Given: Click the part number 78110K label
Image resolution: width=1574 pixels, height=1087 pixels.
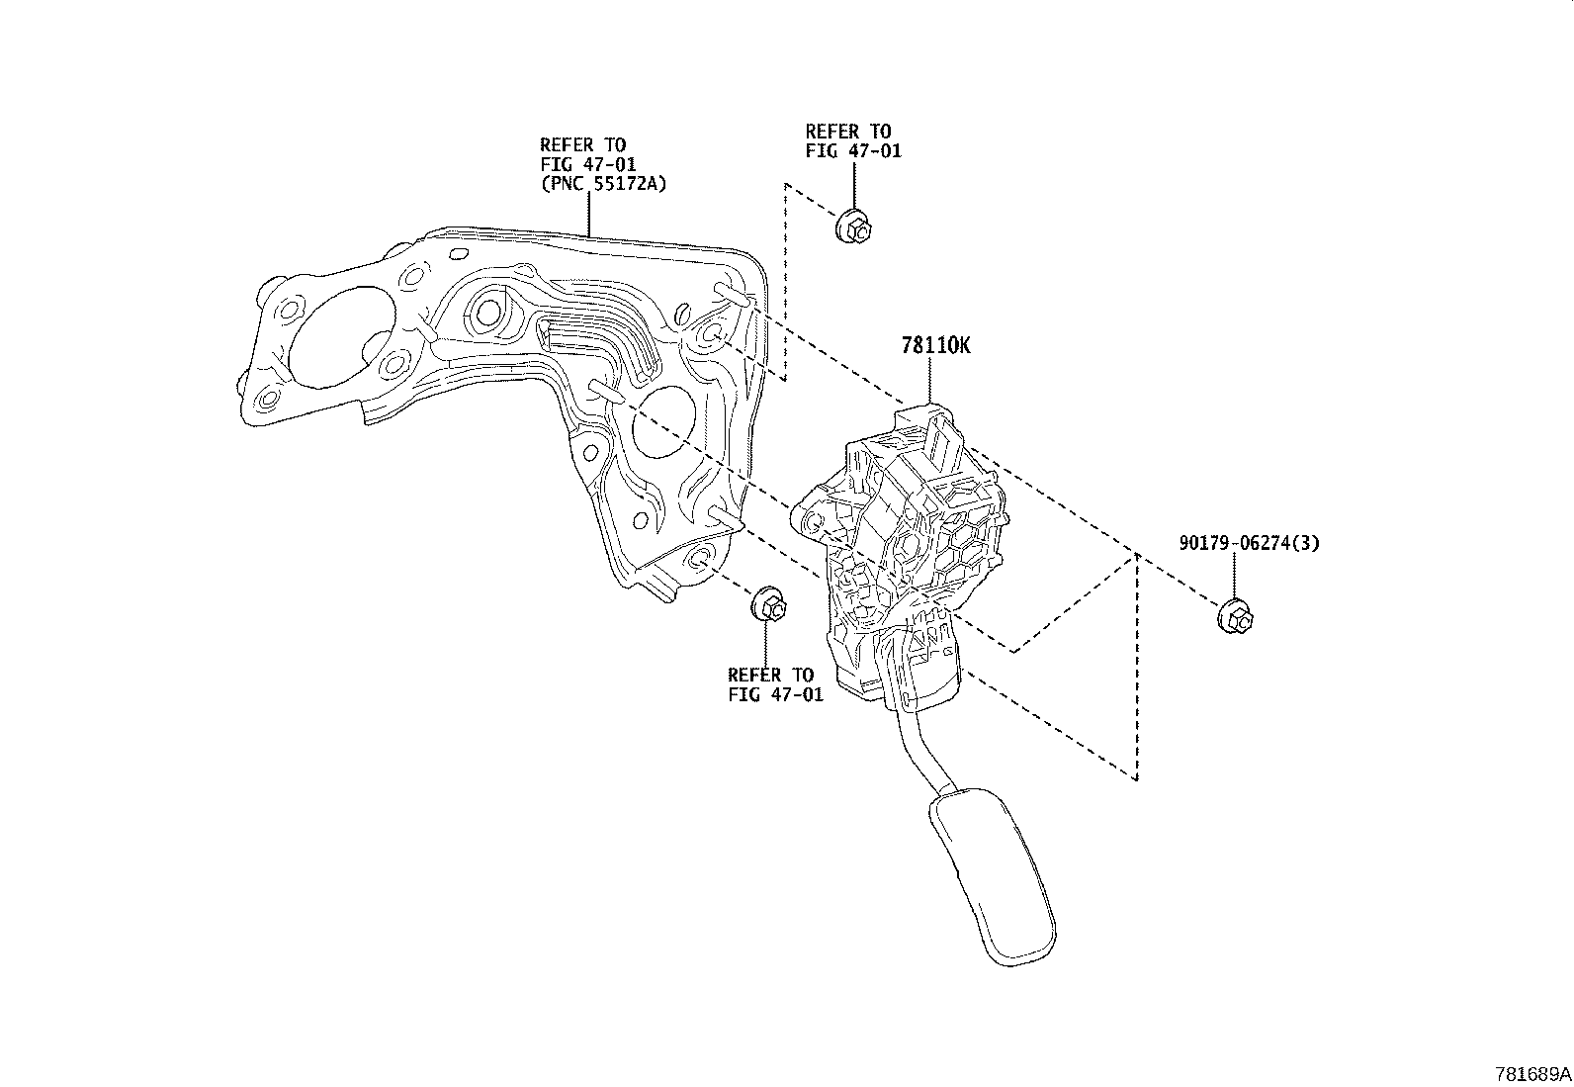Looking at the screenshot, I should (x=935, y=345).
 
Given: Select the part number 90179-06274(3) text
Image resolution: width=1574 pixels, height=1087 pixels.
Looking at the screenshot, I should (x=1249, y=543).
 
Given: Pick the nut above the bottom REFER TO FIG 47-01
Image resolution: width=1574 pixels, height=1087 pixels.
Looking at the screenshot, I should (x=769, y=605).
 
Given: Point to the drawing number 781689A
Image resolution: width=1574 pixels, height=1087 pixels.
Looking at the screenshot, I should (x=1531, y=1073).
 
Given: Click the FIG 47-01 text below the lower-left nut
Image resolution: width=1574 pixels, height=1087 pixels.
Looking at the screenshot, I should (x=775, y=694).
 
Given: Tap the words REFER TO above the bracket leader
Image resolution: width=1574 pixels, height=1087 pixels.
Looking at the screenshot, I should (x=582, y=144).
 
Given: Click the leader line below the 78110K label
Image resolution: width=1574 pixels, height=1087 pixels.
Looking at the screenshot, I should (x=930, y=381).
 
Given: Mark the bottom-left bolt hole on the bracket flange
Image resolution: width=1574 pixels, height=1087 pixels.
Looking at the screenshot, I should (x=267, y=401).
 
